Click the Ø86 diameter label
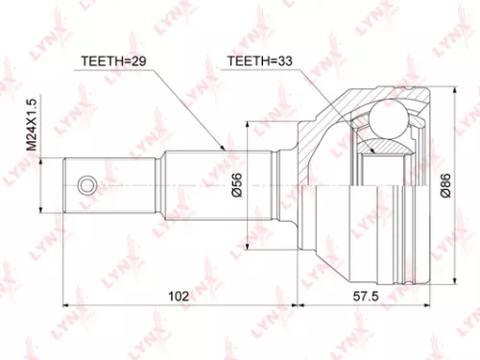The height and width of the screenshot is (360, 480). (444, 185)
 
